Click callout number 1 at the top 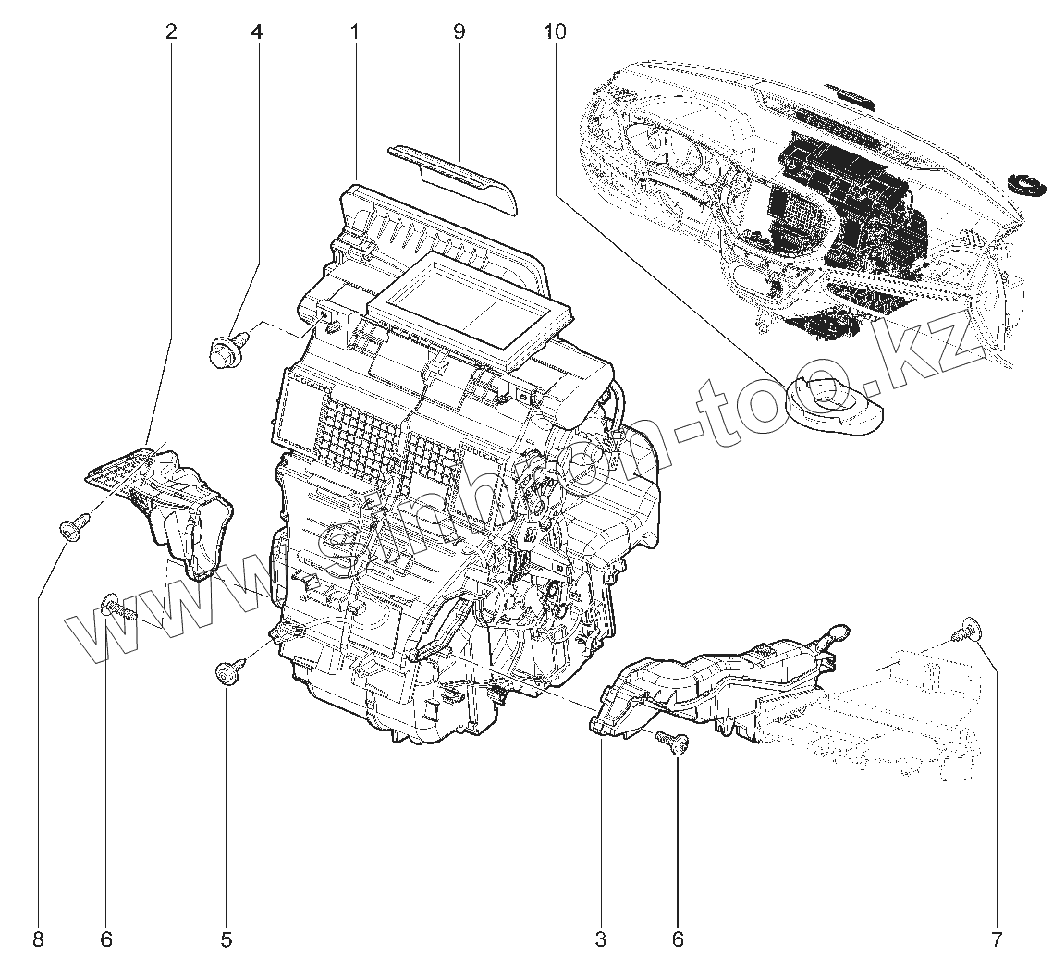(x=354, y=31)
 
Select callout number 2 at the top (x=171, y=31)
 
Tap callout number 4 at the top (x=256, y=31)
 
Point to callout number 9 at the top (x=459, y=31)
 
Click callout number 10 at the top (x=555, y=31)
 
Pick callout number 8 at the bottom (x=38, y=940)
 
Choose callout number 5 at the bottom (x=227, y=940)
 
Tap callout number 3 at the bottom (x=601, y=940)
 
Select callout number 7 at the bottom (x=997, y=940)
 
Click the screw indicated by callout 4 (x=225, y=352)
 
